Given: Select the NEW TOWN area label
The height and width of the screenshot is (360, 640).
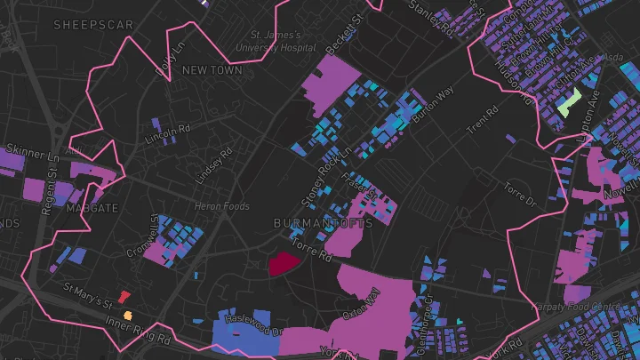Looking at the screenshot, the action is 212,69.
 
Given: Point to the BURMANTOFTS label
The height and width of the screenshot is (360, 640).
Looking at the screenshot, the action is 323,222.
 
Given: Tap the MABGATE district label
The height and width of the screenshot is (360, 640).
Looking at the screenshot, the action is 92,208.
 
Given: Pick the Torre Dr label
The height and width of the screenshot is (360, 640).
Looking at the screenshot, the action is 521,195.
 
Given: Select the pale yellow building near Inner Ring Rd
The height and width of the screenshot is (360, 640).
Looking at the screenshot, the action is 128,315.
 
